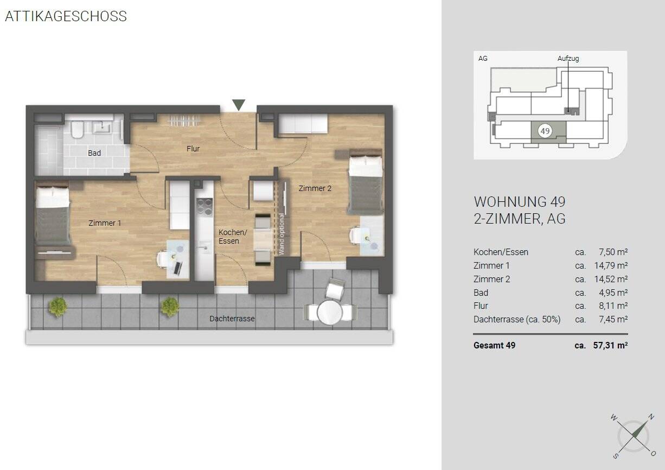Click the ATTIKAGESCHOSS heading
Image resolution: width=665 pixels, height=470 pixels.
(x=66, y=16)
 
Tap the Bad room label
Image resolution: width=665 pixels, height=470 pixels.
(x=94, y=153)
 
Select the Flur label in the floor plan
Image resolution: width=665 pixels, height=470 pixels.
(x=193, y=148)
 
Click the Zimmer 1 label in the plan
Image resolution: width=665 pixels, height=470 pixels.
(x=105, y=223)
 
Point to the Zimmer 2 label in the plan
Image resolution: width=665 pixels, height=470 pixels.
(x=315, y=188)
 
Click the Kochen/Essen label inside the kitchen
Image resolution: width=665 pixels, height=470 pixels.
(x=232, y=237)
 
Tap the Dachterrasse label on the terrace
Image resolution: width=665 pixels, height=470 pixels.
(x=232, y=319)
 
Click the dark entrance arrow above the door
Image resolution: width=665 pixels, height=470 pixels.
(x=239, y=105)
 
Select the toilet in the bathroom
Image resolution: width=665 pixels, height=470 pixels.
(x=77, y=129)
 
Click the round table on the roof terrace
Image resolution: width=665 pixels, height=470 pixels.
(x=329, y=313)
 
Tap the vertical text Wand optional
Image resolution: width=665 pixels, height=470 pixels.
(x=282, y=234)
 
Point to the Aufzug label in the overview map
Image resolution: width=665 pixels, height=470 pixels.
(x=568, y=59)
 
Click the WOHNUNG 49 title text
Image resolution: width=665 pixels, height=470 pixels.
(x=520, y=202)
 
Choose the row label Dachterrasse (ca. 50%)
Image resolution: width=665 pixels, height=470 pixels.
(x=517, y=319)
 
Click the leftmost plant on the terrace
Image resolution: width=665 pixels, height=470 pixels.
(x=57, y=307)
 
